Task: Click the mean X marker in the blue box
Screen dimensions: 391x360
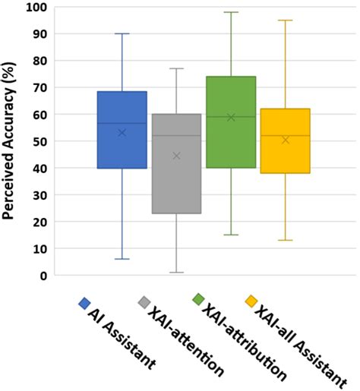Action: (x=122, y=133)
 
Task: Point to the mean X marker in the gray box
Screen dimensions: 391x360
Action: (x=176, y=156)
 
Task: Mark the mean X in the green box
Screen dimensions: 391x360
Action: (x=231, y=117)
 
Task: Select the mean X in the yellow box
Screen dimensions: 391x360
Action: (x=285, y=140)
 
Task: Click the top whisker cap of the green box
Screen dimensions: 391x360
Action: (x=231, y=12)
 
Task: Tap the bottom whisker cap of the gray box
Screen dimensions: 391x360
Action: (x=176, y=273)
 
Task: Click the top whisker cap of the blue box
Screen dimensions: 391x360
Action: (x=122, y=33)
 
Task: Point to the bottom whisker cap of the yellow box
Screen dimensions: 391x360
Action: (x=285, y=240)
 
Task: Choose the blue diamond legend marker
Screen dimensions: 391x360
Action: (x=84, y=304)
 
